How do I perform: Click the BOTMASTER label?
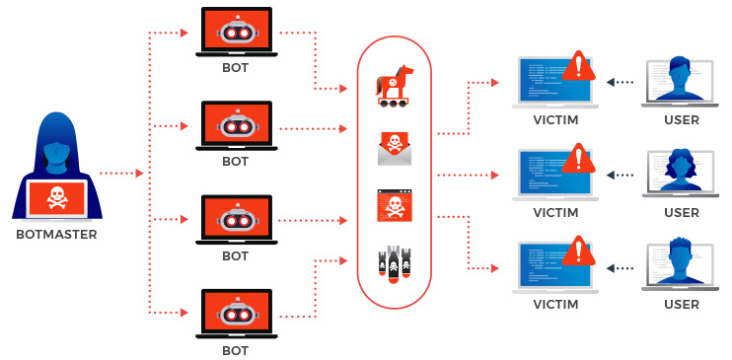pos(55,235)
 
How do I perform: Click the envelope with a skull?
pos(394,148)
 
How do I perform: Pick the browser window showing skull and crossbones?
pos(394,206)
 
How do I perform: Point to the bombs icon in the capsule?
pos(394,262)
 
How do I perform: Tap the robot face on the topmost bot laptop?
pos(235,33)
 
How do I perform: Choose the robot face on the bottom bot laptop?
pos(235,313)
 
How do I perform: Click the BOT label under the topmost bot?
pos(235,69)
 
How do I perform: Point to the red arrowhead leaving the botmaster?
pos(138,174)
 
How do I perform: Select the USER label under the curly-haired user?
pos(681,212)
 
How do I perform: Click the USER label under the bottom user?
pos(681,305)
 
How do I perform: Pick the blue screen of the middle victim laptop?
pos(543,174)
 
